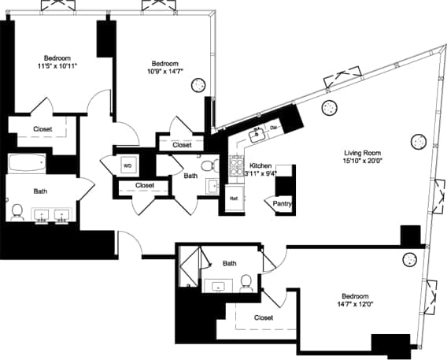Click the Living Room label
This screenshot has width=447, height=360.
(x=360, y=153)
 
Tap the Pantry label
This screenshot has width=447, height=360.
(x=283, y=203)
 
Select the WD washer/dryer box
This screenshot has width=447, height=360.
(x=127, y=166)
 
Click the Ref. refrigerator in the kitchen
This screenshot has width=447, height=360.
(x=234, y=199)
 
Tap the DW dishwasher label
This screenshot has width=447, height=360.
(x=273, y=128)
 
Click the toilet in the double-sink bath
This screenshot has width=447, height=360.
(x=17, y=211)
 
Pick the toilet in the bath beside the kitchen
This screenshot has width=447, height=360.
(x=208, y=166)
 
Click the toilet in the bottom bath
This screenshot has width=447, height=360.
(x=246, y=281)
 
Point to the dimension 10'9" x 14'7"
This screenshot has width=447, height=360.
(x=165, y=73)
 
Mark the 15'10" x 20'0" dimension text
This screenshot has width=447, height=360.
(x=360, y=162)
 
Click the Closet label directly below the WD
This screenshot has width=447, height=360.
(x=144, y=186)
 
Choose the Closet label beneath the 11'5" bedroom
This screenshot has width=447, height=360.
(x=42, y=129)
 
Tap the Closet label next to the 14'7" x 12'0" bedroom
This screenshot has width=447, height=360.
(x=264, y=317)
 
